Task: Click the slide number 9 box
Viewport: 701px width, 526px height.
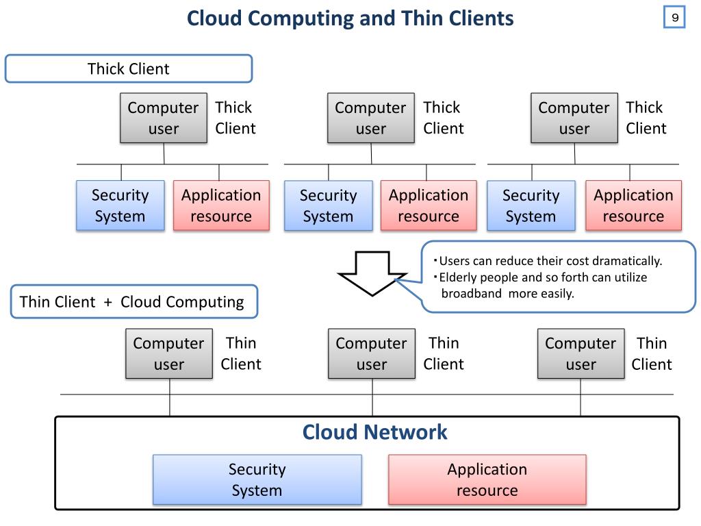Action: coord(674,18)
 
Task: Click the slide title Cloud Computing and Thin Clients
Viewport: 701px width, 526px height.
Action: coord(350,18)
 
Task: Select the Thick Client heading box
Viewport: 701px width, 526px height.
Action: coord(129,69)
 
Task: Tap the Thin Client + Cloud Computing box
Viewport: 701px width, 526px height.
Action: coord(134,302)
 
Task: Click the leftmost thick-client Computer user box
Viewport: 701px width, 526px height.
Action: coord(163,118)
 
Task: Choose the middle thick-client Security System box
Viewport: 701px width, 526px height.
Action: coord(328,205)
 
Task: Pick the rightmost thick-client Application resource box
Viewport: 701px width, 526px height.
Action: coord(633,205)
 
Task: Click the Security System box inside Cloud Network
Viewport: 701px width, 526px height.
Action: coord(257,479)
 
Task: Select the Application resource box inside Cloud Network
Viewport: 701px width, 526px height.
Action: coord(487,479)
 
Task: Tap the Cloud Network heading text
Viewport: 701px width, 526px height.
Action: coord(374,432)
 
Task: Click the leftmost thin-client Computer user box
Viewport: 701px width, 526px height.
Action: coord(168,353)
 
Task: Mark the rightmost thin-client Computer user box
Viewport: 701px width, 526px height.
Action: coord(581,353)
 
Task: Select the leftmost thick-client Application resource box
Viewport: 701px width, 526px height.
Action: coord(220,205)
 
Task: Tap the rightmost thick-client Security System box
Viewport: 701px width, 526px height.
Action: coord(531,205)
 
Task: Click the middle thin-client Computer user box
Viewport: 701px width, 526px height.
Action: coord(371,353)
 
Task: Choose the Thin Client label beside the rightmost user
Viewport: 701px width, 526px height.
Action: coord(651,353)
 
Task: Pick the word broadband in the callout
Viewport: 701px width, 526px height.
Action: coord(471,294)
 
